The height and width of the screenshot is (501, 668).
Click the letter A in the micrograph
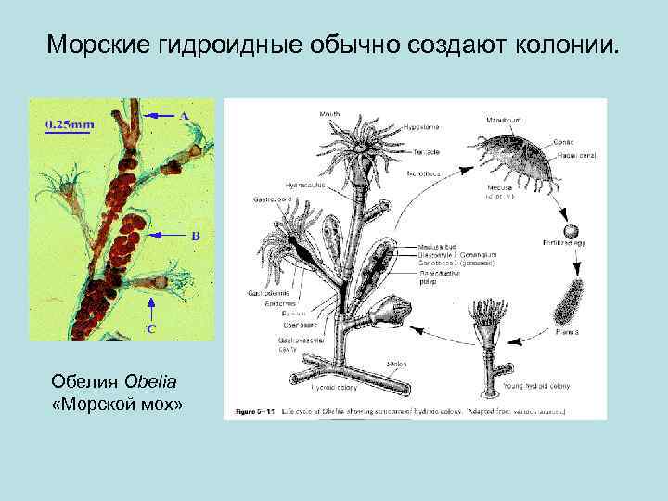pos(184,115)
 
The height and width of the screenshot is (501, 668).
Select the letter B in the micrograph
pos(196,236)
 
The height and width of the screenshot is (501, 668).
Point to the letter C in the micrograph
pos(150,328)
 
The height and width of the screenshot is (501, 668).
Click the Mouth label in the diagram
pos(328,115)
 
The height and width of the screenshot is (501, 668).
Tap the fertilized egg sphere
pos(568,230)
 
